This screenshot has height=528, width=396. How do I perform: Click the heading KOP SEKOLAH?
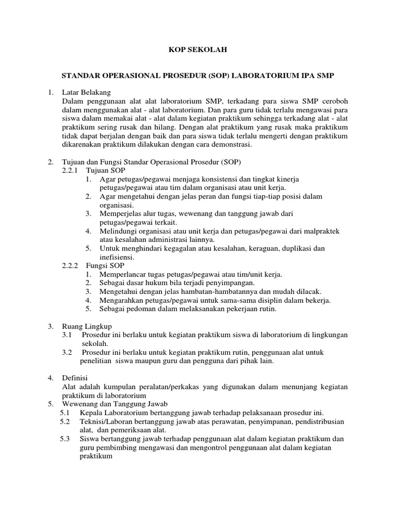198,50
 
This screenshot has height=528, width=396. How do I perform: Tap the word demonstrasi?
231,145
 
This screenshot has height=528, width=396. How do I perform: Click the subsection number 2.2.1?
69,170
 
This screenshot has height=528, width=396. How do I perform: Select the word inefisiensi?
117,257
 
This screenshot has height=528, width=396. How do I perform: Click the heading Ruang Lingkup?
87,326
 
